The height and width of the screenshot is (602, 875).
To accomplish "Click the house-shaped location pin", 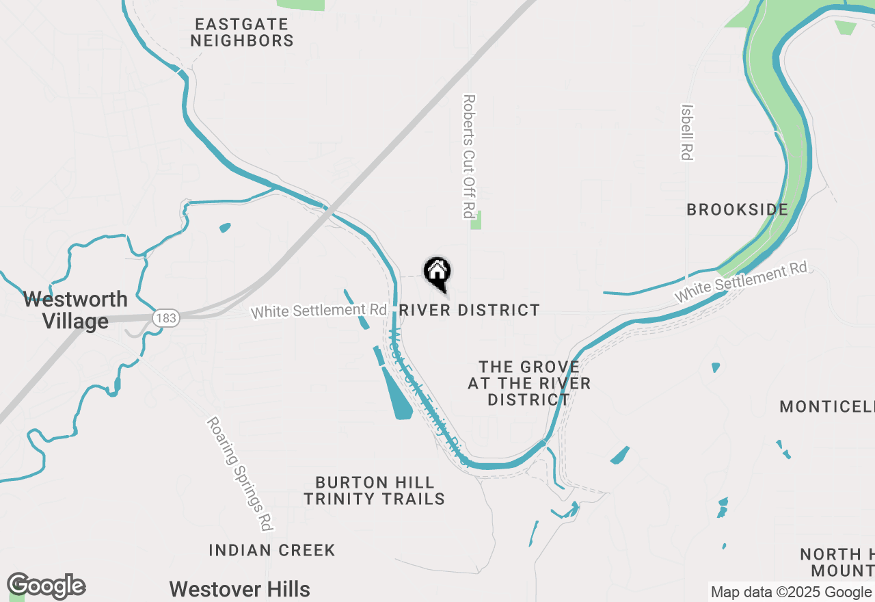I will pyautogui.click(x=437, y=273).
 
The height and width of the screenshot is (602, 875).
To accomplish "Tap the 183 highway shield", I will pyautogui.click(x=166, y=318).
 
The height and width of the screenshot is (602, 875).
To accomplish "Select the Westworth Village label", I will pyautogui.click(x=75, y=310).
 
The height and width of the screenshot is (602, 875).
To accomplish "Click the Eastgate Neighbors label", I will pyautogui.click(x=242, y=33).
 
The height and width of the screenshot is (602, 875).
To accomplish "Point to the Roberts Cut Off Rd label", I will pyautogui.click(x=468, y=156).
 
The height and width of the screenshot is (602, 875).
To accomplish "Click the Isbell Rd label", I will pyautogui.click(x=687, y=132).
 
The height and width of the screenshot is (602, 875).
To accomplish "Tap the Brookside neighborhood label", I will pyautogui.click(x=737, y=210).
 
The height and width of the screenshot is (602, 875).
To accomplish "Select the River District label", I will pyautogui.click(x=469, y=311).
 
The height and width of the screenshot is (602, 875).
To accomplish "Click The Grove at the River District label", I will pyautogui.click(x=529, y=384).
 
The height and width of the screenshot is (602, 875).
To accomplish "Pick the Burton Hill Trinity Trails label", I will pyautogui.click(x=375, y=491).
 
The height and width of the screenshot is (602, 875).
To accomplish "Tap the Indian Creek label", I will pyautogui.click(x=272, y=550).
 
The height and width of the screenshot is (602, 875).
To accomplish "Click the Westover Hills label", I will pyautogui.click(x=239, y=589).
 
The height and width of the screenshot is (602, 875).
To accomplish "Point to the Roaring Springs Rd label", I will pyautogui.click(x=240, y=474).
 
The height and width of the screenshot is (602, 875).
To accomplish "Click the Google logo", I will pyautogui.click(x=46, y=586).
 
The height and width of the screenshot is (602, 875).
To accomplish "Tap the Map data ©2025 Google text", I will pyautogui.click(x=791, y=592).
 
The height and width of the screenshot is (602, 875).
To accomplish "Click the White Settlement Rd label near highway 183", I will pyautogui.click(x=319, y=311).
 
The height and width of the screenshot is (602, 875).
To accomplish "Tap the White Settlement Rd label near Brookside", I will pyautogui.click(x=741, y=282).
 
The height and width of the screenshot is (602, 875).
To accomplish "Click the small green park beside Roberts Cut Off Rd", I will pyautogui.click(x=476, y=220).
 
